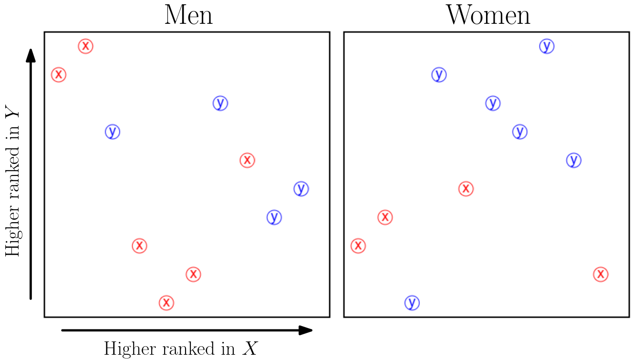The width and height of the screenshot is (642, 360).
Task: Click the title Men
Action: tap(188, 15)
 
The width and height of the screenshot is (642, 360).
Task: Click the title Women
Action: tap(487, 15)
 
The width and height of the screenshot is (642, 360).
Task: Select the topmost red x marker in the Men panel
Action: tap(85, 46)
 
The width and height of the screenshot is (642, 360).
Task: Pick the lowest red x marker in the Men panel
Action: tap(166, 302)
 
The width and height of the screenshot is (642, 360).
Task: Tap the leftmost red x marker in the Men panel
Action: tap(58, 74)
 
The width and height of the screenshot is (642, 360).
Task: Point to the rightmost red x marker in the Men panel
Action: tap(247, 160)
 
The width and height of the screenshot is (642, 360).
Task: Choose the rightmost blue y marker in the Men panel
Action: tap(300, 189)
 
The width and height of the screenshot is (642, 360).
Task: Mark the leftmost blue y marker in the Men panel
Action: tap(112, 132)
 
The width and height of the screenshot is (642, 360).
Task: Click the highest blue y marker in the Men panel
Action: tap(220, 103)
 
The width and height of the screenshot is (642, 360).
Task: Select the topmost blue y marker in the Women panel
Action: tap(547, 46)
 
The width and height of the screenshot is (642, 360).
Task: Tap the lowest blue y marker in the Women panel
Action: tap(412, 302)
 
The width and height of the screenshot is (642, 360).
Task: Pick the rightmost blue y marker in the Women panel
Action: tap(574, 160)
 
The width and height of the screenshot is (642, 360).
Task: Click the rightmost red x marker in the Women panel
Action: tap(601, 274)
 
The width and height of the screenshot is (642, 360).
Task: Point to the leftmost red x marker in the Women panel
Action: tap(358, 246)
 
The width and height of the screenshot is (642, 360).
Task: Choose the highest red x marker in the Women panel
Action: tap(466, 189)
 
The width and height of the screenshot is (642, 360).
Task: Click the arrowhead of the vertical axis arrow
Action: tap(31, 54)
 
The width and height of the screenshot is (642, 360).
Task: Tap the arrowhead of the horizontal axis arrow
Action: tap(306, 330)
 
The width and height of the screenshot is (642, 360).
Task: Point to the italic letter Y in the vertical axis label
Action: tap(13, 114)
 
